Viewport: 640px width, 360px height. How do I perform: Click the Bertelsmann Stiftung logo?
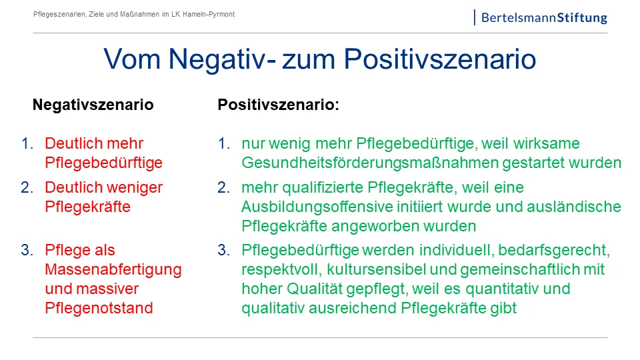pyautogui.click(x=541, y=17)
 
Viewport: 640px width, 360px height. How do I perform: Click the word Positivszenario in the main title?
pyautogui.click(x=439, y=59)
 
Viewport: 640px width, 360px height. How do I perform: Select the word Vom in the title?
pyautogui.click(x=132, y=59)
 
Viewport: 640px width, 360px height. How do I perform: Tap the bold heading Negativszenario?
pyautogui.click(x=93, y=105)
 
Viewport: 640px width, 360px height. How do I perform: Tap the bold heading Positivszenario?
pyautogui.click(x=279, y=105)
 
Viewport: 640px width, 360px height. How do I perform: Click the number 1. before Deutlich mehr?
pyautogui.click(x=27, y=143)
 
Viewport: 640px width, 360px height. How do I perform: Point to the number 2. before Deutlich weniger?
pyautogui.click(x=27, y=187)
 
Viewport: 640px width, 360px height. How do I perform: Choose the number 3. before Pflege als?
pyautogui.click(x=27, y=250)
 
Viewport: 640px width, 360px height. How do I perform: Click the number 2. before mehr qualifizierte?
pyautogui.click(x=224, y=187)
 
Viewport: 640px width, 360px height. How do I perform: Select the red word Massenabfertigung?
pyautogui.click(x=113, y=270)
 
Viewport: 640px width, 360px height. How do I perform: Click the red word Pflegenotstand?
pyautogui.click(x=99, y=308)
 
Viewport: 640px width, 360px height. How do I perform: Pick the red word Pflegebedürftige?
pyautogui.click(x=104, y=163)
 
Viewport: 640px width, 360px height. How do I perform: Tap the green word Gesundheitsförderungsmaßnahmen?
pyautogui.click(x=370, y=163)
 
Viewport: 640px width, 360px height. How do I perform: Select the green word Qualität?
pyautogui.click(x=314, y=289)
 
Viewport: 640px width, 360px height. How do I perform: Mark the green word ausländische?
pyautogui.click(x=574, y=207)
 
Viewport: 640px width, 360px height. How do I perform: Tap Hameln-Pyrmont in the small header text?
pyautogui.click(x=209, y=14)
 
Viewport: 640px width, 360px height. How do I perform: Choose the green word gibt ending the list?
pyautogui.click(x=504, y=308)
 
